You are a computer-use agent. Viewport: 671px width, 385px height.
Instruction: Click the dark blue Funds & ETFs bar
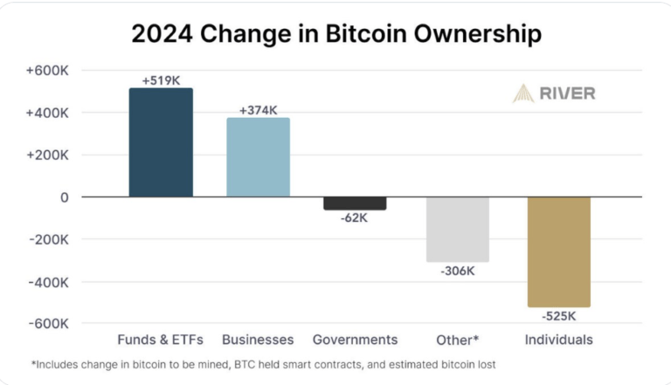161,142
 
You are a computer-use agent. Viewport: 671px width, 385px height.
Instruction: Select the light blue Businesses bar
258,157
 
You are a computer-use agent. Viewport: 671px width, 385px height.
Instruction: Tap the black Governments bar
355,203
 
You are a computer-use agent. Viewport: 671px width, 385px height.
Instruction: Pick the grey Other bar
458,230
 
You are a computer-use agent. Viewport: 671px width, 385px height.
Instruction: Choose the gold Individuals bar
559,252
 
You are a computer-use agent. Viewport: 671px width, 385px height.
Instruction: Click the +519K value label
161,80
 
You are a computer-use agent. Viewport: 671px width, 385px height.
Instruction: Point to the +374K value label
258,110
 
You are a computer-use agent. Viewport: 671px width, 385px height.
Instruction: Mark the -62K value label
355,218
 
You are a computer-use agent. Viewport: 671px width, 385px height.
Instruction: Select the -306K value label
458,271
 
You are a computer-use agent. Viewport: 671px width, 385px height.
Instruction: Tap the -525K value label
559,316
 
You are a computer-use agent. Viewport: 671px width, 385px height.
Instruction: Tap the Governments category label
355,340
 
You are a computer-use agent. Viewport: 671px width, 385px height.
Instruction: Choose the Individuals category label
559,340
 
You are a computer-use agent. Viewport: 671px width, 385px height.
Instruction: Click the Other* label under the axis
458,340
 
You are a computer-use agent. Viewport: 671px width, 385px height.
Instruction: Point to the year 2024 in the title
160,35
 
